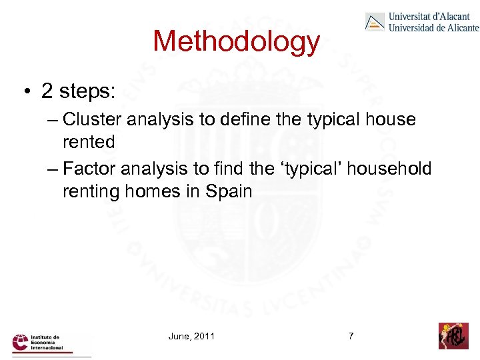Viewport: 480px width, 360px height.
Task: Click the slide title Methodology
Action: pyautogui.click(x=237, y=41)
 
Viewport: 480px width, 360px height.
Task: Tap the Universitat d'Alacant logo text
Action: pyautogui.click(x=433, y=21)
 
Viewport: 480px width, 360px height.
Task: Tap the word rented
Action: pyautogui.click(x=89, y=142)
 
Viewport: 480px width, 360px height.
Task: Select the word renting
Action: pyautogui.click(x=91, y=192)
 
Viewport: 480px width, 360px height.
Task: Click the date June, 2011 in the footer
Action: pyautogui.click(x=191, y=336)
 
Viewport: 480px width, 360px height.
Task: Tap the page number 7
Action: pyautogui.click(x=351, y=336)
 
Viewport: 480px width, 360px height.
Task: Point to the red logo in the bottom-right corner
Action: pyautogui.click(x=453, y=335)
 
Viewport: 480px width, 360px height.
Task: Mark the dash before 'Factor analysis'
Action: pyautogui.click(x=53, y=169)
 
